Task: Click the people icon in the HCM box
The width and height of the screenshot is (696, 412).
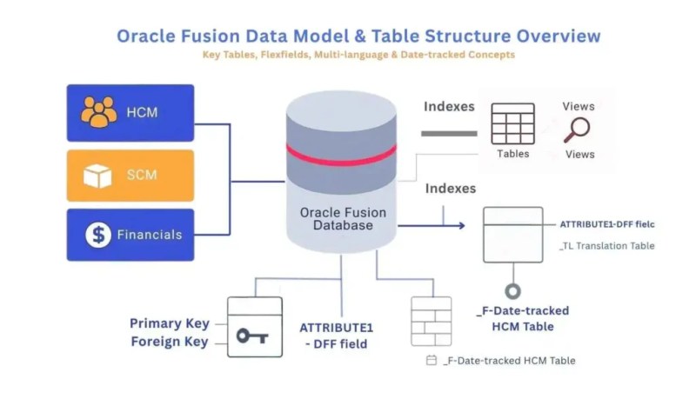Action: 98,112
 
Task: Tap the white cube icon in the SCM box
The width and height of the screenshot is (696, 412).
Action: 97,176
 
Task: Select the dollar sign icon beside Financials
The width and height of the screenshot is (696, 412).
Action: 98,235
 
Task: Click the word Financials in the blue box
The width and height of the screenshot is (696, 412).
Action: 150,235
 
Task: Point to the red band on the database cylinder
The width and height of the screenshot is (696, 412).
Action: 341,156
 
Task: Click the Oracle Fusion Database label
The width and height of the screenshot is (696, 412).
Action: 343,219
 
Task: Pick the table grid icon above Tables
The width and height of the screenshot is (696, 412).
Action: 512,123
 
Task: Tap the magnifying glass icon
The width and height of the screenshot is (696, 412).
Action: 577,130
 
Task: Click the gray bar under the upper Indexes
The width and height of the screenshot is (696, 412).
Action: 449,134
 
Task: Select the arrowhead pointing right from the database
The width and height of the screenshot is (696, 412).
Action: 462,226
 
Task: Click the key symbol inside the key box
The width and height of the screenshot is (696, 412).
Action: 252,336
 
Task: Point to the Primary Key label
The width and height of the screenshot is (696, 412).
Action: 170,323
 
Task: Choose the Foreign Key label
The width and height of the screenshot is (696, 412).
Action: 170,342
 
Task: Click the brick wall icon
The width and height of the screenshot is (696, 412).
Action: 431,321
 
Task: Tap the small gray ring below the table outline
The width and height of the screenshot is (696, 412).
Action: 513,291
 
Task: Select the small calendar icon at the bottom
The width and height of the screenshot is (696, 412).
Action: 431,360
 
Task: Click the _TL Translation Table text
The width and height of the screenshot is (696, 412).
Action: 606,246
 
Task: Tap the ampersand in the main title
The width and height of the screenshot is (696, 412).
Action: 360,36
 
